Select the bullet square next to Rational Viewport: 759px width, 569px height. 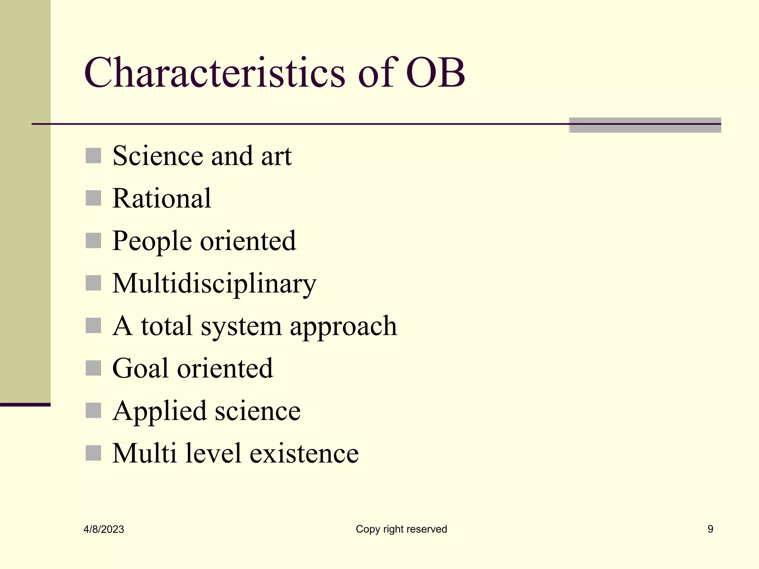(93, 198)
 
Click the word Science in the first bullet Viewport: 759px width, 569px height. (158, 156)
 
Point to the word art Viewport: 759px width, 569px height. (276, 156)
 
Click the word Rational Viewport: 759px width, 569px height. (162, 198)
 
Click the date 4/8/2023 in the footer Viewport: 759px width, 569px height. (104, 529)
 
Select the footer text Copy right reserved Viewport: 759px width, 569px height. (401, 529)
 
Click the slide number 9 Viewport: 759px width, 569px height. (710, 529)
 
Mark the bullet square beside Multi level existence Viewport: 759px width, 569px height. (93, 453)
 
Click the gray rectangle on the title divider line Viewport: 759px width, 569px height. (645, 125)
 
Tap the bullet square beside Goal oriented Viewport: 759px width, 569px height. (93, 368)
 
